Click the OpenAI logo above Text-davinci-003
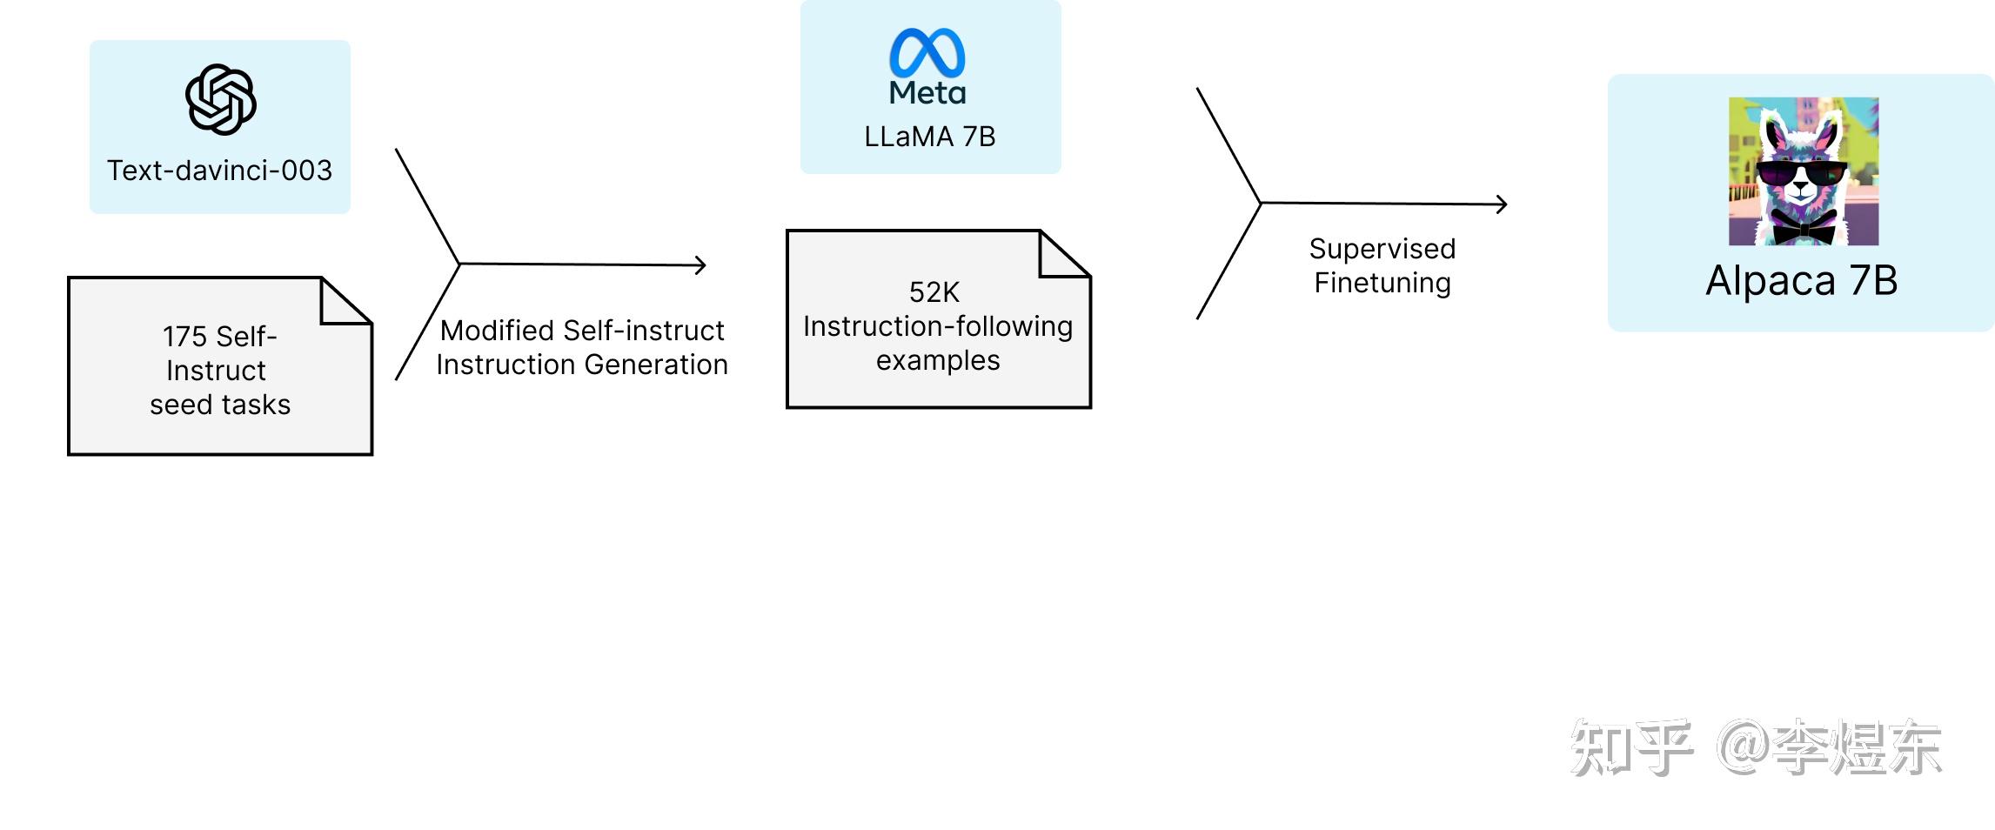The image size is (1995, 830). click(x=221, y=99)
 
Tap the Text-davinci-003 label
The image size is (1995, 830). click(x=220, y=171)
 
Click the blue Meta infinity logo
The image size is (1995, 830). click(x=927, y=52)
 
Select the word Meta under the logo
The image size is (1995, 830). click(x=927, y=93)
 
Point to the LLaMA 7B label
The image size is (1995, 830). click(x=930, y=137)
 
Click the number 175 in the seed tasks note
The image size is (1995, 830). click(x=184, y=337)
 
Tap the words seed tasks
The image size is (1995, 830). click(x=220, y=405)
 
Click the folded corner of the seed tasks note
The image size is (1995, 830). click(x=346, y=301)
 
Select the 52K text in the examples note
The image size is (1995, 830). click(x=934, y=292)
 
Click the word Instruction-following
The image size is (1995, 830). click(x=938, y=327)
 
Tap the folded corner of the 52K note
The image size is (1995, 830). click(x=1065, y=254)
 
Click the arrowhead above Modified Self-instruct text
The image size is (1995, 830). click(x=700, y=265)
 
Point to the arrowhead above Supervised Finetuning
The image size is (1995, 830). click(x=1502, y=204)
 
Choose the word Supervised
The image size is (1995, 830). click(x=1382, y=250)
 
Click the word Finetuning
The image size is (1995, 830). click(x=1382, y=284)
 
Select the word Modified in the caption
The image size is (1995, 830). click(x=498, y=331)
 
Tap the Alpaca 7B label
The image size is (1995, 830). click(x=1802, y=280)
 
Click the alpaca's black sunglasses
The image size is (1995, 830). click(x=1801, y=175)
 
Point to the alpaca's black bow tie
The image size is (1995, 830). click(x=1804, y=231)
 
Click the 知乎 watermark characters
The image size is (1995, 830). click(x=1632, y=747)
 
